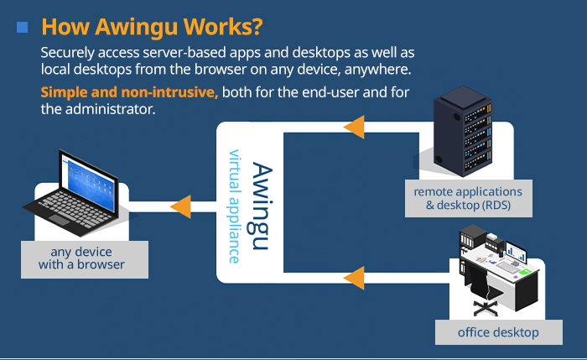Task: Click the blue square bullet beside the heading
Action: click(x=23, y=28)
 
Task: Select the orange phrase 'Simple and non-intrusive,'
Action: click(x=129, y=92)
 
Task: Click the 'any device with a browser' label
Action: click(x=81, y=258)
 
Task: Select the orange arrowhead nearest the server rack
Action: click(x=354, y=127)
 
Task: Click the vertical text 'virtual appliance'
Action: click(x=236, y=206)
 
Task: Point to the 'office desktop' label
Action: click(x=498, y=332)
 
